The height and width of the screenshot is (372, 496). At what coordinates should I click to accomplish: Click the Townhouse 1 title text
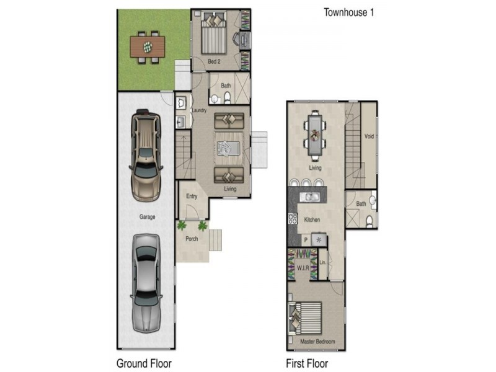(348, 12)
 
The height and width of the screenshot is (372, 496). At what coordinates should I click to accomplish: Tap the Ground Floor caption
(144, 363)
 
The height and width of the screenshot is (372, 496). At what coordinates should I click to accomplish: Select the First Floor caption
(307, 363)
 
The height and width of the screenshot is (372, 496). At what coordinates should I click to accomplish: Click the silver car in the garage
(146, 284)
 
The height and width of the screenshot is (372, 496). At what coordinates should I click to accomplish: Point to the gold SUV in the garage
(146, 156)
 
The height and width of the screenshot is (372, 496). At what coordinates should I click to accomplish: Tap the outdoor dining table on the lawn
(148, 47)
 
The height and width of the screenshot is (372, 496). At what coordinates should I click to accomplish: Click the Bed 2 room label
(214, 61)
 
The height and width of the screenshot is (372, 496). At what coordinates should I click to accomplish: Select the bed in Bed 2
(214, 33)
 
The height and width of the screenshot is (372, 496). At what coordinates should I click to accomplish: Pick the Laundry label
(199, 110)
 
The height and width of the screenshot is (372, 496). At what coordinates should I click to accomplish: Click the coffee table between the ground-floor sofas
(228, 148)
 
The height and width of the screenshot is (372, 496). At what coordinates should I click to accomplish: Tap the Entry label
(192, 196)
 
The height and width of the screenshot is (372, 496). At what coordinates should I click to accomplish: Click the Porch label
(192, 239)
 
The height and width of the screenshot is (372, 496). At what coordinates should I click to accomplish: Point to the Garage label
(148, 216)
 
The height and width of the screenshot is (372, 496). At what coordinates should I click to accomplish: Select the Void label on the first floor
(369, 136)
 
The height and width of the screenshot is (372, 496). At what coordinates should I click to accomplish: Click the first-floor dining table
(315, 135)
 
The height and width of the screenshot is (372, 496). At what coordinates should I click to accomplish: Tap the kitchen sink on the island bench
(309, 197)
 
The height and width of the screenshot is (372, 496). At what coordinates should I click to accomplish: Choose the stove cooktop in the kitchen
(293, 219)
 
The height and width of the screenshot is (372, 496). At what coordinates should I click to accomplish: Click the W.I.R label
(303, 268)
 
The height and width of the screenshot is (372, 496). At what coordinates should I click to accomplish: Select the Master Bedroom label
(317, 342)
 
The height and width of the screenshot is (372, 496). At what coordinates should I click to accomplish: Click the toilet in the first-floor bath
(369, 221)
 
